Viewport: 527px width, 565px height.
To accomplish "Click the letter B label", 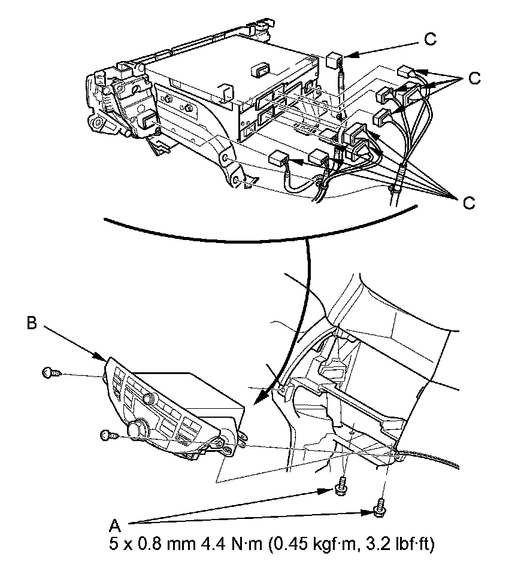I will point(32,323).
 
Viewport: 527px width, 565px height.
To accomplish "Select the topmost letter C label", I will point(430,40).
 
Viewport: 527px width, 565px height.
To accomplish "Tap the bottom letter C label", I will point(469,203).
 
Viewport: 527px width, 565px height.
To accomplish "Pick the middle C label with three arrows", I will point(474,78).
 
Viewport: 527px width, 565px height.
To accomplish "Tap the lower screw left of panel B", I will point(107,435).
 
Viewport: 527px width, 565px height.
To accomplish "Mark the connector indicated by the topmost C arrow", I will point(334,61).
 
